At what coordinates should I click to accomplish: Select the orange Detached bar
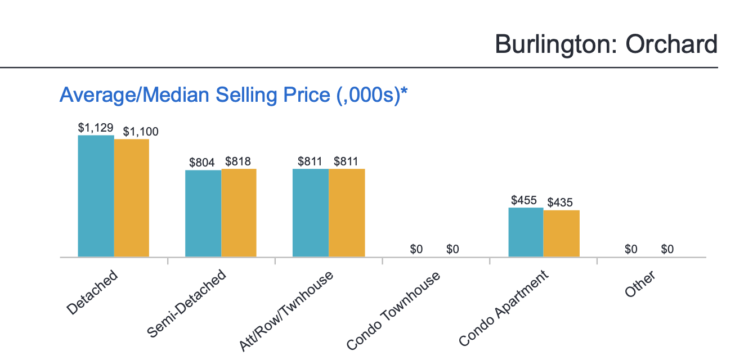tap(132, 198)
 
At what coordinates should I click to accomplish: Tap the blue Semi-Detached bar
tap(203, 213)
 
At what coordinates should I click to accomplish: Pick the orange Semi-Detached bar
tap(239, 213)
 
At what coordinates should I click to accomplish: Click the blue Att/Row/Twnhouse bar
tap(311, 213)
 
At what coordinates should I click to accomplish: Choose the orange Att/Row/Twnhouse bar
tap(347, 213)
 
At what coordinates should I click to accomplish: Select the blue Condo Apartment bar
tap(526, 232)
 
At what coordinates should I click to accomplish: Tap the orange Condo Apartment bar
tap(561, 233)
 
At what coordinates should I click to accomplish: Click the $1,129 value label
tap(96, 128)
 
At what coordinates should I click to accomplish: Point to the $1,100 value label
tap(141, 132)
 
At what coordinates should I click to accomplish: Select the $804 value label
tap(202, 163)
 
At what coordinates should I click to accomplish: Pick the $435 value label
tap(560, 202)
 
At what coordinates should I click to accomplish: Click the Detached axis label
tap(92, 292)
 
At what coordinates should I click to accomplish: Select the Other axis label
tap(640, 285)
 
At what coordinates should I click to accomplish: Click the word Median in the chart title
tap(178, 95)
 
